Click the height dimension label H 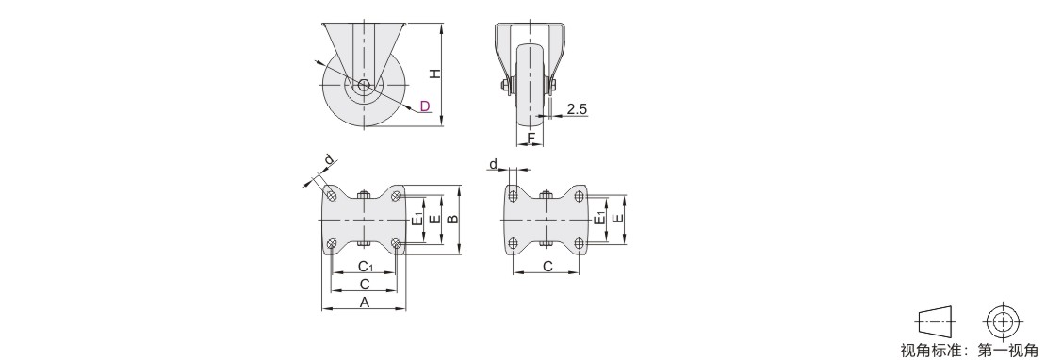(x=435, y=73)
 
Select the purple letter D (x=425, y=106)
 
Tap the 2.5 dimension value (x=577, y=109)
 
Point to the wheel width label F (x=531, y=138)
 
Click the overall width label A (x=365, y=303)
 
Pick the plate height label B (x=452, y=220)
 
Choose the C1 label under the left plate (x=366, y=267)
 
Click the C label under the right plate (x=547, y=267)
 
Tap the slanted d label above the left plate (x=329, y=159)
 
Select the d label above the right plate (x=494, y=164)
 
